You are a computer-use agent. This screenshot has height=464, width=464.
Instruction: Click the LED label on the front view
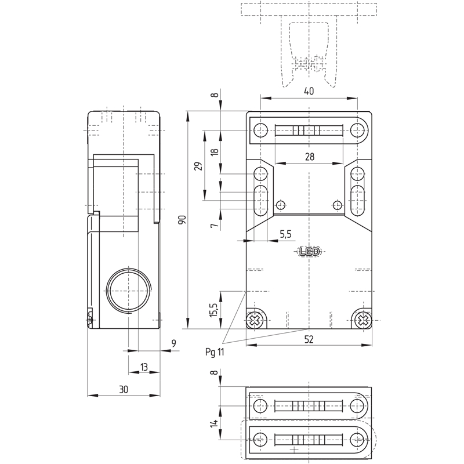tap(310, 252)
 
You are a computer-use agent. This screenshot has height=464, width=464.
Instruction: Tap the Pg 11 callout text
tap(215, 352)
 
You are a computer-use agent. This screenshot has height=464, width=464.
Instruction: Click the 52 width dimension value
tap(309, 339)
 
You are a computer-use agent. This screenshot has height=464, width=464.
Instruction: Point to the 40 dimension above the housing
tap(309, 91)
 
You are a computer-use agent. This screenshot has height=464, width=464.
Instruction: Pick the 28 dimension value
tap(310, 157)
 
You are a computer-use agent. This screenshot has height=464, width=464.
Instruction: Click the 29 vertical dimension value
tap(200, 166)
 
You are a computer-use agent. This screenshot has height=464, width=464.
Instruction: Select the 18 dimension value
tap(215, 151)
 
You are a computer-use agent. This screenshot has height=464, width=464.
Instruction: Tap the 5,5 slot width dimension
tap(285, 234)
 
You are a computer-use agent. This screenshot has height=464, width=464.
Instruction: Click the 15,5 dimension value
tap(214, 310)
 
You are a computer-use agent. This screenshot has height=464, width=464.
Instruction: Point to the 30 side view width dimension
tap(124, 389)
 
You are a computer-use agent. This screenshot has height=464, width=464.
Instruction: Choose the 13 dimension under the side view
tap(144, 367)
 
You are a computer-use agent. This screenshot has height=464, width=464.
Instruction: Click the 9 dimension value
tap(173, 343)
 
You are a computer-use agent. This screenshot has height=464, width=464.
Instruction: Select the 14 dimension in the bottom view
tap(215, 423)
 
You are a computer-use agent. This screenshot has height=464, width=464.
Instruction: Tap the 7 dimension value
tap(215, 226)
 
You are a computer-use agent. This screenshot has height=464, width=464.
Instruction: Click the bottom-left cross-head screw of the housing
tap(254, 320)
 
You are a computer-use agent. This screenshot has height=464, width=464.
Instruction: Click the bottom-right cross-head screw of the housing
tap(363, 320)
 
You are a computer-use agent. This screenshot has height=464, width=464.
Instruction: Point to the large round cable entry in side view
tap(128, 291)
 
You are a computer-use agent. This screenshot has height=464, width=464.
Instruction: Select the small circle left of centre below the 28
tap(281, 205)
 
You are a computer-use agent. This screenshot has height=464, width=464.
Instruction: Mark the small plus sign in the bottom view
tap(294, 449)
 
